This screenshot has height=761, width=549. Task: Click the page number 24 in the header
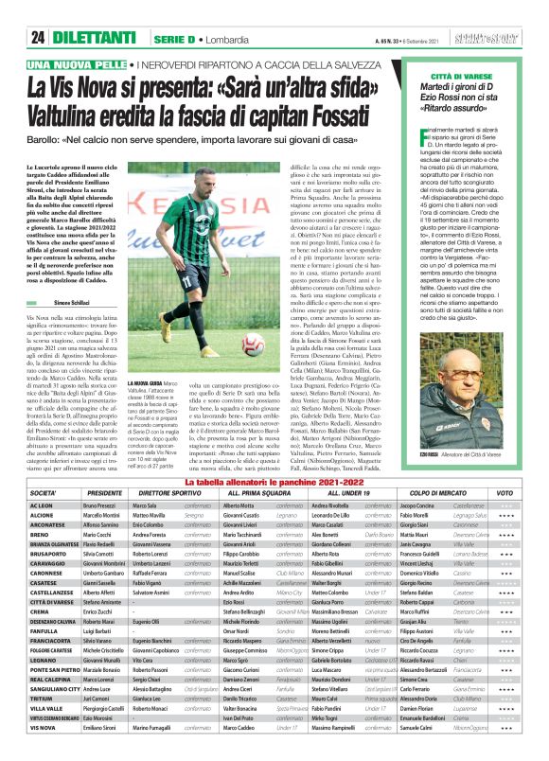[x=39, y=37]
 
